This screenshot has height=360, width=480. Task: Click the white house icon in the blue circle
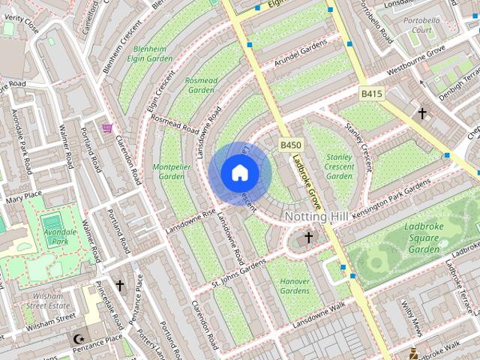[239, 173]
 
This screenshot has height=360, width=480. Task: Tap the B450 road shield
[291, 145]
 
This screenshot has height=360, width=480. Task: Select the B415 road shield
[371, 94]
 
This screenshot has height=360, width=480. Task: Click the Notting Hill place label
[316, 216]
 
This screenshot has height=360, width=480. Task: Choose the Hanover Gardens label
[295, 286]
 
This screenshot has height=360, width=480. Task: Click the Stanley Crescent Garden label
[340, 166]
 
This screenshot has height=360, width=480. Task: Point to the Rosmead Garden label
[201, 85]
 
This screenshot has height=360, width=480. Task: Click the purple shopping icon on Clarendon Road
[107, 128]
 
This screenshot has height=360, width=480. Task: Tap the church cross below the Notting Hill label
[307, 238]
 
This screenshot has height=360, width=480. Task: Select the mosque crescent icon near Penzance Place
[78, 339]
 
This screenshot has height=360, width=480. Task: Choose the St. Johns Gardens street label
[238, 273]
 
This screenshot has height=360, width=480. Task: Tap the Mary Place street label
[23, 196]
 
